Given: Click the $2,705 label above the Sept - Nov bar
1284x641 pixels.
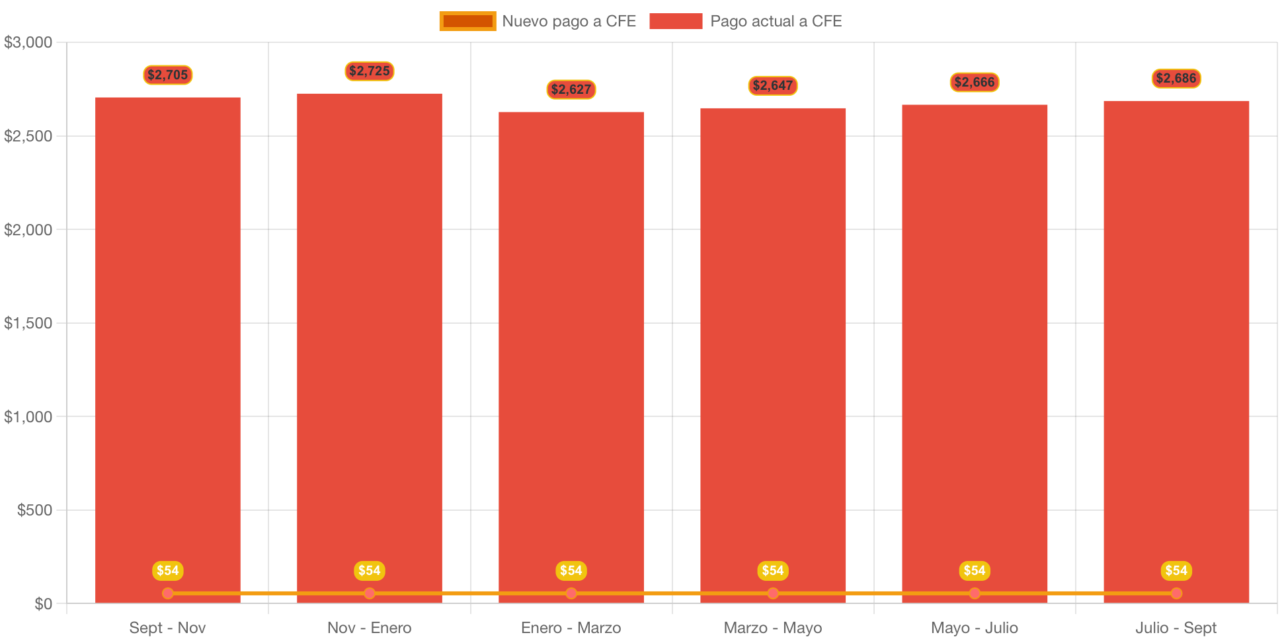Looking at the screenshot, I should pyautogui.click(x=167, y=75).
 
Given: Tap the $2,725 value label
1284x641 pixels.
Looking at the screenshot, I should pyautogui.click(x=369, y=71).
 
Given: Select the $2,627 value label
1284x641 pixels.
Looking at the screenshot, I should pyautogui.click(x=571, y=89).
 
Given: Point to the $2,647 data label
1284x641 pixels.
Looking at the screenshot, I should pyautogui.click(x=772, y=85).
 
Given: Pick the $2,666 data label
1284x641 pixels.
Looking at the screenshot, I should pyautogui.click(x=974, y=82).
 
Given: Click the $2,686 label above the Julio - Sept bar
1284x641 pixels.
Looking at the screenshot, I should pyautogui.click(x=1176, y=78).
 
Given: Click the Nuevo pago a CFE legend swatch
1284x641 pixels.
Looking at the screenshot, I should pyautogui.click(x=467, y=21).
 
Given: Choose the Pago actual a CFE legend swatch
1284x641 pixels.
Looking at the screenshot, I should pyautogui.click(x=675, y=21).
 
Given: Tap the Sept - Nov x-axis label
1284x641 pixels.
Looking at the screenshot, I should pyautogui.click(x=167, y=628).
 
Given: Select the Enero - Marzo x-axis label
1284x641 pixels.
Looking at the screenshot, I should pyautogui.click(x=571, y=628).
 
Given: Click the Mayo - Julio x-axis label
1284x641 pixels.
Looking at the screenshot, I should pyautogui.click(x=974, y=628).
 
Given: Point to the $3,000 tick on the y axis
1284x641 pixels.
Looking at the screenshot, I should pyautogui.click(x=28, y=43).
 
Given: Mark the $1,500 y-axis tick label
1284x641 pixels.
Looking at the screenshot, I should pyautogui.click(x=28, y=323).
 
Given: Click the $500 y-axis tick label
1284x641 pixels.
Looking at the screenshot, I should pyautogui.click(x=34, y=510).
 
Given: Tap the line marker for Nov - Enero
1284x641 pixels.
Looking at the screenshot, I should pyautogui.click(x=369, y=593).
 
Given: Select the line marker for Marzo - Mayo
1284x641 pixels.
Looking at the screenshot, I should pyautogui.click(x=772, y=593).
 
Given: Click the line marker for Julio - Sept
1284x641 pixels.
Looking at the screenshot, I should pyautogui.click(x=1176, y=593).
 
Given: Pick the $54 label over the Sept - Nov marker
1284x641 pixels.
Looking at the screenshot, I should pyautogui.click(x=167, y=570).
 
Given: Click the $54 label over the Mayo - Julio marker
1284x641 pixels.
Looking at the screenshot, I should pyautogui.click(x=974, y=570).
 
